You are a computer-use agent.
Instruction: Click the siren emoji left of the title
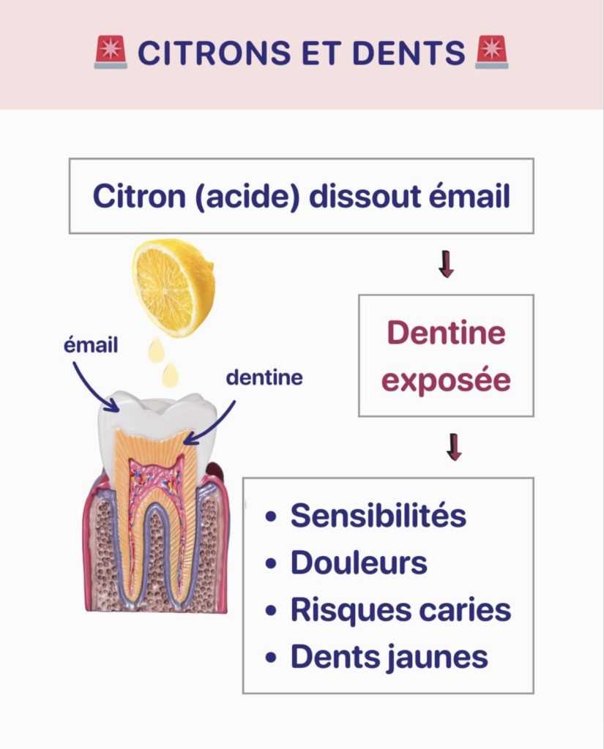pyautogui.click(x=111, y=53)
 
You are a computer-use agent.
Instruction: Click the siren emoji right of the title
pyautogui.click(x=492, y=53)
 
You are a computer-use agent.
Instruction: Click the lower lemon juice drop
pyautogui.click(x=171, y=374)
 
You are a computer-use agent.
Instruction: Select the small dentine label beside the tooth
pyautogui.click(x=264, y=378)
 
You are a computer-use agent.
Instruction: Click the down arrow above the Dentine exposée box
pyautogui.click(x=446, y=264)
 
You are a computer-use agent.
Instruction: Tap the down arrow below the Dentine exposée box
pyautogui.click(x=454, y=448)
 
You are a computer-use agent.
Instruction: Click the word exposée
pyautogui.click(x=447, y=381)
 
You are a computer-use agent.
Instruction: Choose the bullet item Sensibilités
pyautogui.click(x=378, y=516)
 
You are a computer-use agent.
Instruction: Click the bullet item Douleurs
pyautogui.click(x=359, y=562)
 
